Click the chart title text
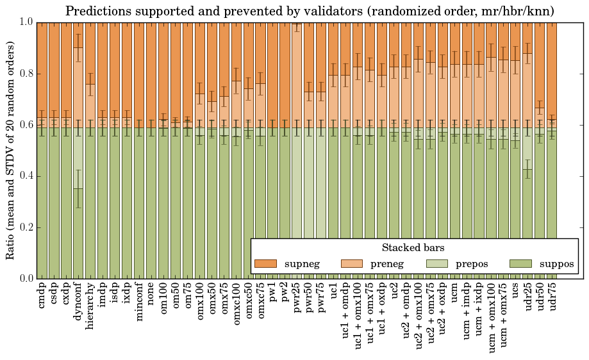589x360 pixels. (310, 11)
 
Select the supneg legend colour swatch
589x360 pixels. (265, 264)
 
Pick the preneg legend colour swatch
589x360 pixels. (351, 264)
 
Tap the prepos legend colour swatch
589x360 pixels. (437, 264)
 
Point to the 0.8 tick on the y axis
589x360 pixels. (25, 74)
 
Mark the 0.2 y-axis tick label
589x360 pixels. (25, 227)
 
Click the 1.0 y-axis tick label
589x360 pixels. (25, 22)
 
